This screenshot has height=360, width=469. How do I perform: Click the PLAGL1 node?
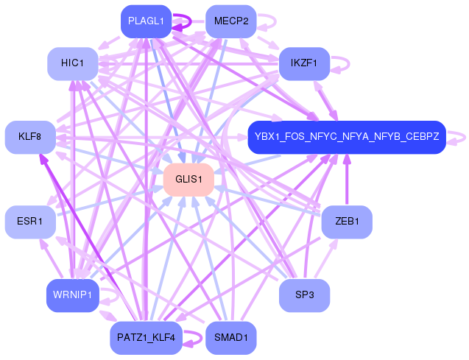(x=147, y=21)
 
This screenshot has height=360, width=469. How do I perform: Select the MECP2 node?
(x=231, y=21)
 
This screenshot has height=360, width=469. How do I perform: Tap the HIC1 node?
(x=73, y=63)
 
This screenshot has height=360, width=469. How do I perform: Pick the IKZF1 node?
(x=304, y=63)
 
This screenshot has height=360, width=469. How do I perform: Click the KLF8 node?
(x=30, y=137)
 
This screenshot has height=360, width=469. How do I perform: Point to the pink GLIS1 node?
(x=188, y=180)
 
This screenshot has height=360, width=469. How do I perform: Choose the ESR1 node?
(x=30, y=222)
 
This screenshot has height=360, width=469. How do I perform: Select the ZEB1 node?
(x=347, y=222)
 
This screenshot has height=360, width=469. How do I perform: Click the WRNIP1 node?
(x=73, y=295)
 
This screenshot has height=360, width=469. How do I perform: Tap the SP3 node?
(x=304, y=295)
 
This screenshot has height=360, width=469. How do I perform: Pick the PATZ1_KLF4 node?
(x=146, y=338)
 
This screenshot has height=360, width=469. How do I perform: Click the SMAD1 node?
(x=231, y=338)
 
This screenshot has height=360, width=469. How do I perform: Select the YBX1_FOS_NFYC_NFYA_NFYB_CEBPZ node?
(x=347, y=137)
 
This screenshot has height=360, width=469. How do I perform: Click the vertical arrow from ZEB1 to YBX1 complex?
(x=347, y=180)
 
